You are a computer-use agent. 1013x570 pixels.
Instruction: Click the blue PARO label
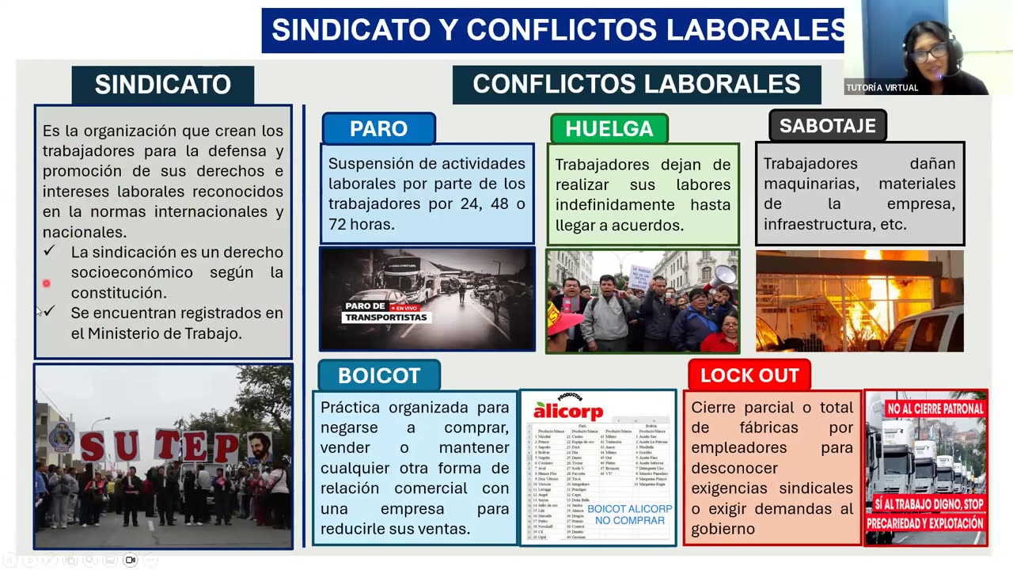pos(378,129)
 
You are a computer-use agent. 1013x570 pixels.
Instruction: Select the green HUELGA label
pos(609,129)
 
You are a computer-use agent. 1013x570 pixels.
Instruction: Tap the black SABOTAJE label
pos(827,126)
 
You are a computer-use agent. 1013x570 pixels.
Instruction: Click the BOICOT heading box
pos(378,375)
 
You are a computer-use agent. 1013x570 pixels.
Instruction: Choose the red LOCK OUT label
pos(749,375)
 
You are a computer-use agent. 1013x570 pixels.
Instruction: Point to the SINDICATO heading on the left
pos(162,85)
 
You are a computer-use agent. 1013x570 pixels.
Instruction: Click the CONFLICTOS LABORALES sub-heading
pos(636,84)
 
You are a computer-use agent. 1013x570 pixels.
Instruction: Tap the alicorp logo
pos(567,409)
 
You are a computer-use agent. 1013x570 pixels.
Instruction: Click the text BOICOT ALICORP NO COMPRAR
pos(629,515)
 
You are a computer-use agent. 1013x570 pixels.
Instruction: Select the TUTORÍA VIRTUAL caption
pos(882,88)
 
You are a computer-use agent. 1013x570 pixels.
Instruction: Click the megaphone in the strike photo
pos(721,277)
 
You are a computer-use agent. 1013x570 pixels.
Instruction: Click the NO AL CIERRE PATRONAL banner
pos(924,408)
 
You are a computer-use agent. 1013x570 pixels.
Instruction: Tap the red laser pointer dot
pos(46,283)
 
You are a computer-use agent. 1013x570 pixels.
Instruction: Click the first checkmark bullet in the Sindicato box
pos(50,250)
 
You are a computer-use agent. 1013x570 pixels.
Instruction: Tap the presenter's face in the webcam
pos(929,52)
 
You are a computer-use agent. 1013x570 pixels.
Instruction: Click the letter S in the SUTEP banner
pos(93,446)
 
